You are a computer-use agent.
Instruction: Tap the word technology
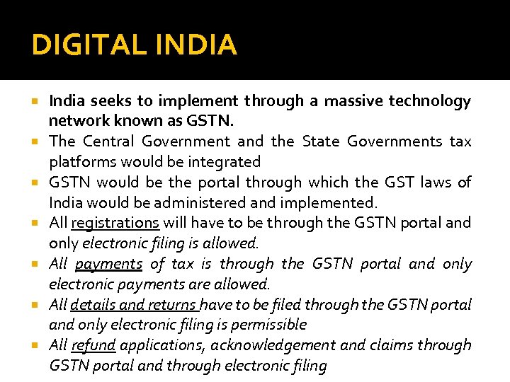click(x=431, y=101)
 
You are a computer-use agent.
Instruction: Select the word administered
click(x=178, y=202)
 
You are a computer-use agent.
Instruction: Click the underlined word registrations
click(x=115, y=223)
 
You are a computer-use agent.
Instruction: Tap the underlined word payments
click(x=108, y=264)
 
